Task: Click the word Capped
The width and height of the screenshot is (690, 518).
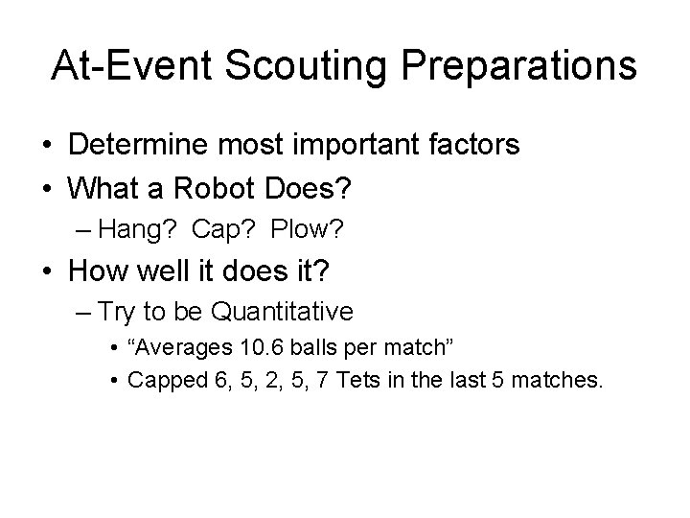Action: tap(159, 380)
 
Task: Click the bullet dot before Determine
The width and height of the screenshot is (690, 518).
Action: tap(47, 147)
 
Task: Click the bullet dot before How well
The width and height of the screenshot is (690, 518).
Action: tap(47, 271)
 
